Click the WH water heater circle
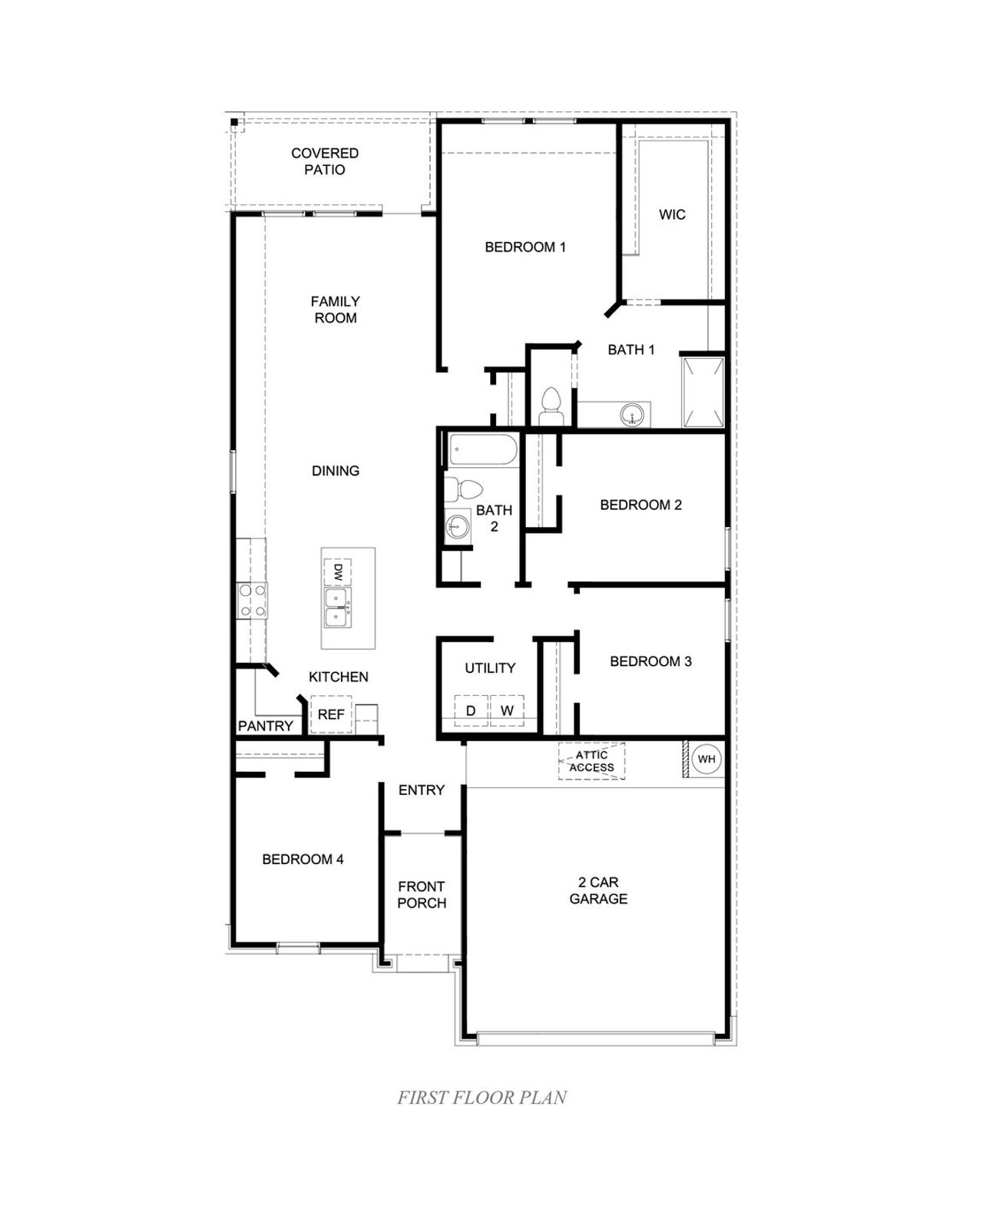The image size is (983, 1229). (x=707, y=760)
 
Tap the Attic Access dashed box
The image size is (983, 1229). (x=591, y=761)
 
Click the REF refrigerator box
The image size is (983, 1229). (x=331, y=714)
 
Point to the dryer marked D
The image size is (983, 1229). (x=472, y=711)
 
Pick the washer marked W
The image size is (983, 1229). (x=507, y=711)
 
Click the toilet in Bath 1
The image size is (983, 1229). (x=551, y=406)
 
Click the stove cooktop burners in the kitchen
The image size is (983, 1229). (x=252, y=601)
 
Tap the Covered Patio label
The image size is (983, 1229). (x=325, y=161)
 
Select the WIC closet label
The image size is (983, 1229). (x=672, y=214)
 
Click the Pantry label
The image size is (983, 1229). (x=266, y=726)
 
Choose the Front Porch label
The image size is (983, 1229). (x=422, y=895)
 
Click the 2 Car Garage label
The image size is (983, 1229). (x=598, y=890)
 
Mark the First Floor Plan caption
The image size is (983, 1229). (x=482, y=1098)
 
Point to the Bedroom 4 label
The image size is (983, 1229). (x=303, y=860)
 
